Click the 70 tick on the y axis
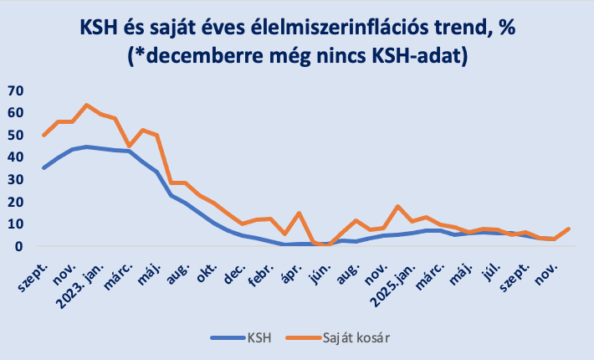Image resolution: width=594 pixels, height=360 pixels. point(17,90)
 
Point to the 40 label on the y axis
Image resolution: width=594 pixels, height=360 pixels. point(17,157)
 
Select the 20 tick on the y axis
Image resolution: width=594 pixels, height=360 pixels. point(17,202)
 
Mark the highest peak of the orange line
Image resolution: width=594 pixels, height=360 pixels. point(86,105)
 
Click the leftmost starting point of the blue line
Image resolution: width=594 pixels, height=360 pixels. point(44,167)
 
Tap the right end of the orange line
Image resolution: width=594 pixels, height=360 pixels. point(568,229)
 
